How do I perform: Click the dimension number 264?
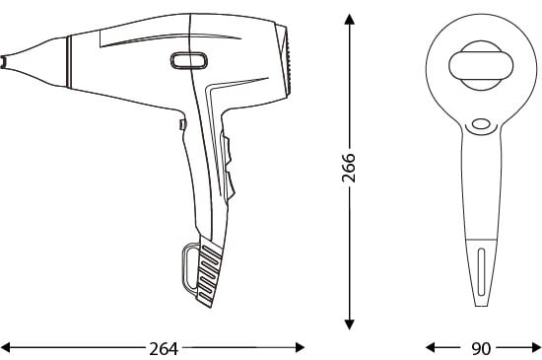coord(164,348)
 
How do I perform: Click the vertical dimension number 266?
coord(349,168)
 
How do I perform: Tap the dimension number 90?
coord(481,348)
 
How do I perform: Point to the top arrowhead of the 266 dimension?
coord(350,19)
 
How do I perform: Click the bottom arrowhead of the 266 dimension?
coord(350,324)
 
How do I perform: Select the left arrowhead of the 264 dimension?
coord(6,347)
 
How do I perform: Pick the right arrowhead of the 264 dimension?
coord(300,347)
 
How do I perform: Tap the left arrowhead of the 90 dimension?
coord(431,347)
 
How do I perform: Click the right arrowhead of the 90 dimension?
coord(536,347)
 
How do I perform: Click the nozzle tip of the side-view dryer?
coord(4,62)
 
